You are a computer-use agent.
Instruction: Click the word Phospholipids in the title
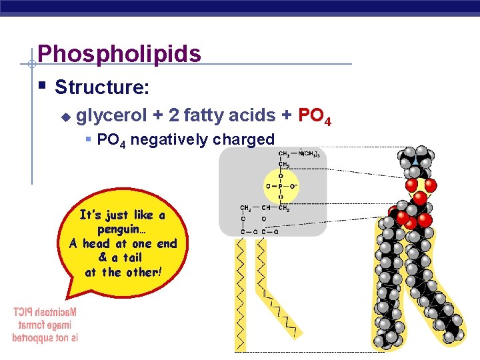click(119, 53)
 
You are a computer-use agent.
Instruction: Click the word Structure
click(101, 87)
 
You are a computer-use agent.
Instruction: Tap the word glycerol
click(111, 115)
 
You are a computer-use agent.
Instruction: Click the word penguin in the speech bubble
click(122, 229)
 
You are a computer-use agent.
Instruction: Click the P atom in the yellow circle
click(280, 187)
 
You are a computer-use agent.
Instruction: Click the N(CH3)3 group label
click(309, 155)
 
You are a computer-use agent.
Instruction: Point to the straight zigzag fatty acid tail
click(239, 293)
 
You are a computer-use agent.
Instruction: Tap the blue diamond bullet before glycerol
click(65, 117)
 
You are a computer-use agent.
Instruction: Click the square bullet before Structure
click(42, 85)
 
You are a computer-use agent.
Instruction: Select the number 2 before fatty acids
click(173, 115)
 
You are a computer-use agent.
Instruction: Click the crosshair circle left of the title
click(31, 64)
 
